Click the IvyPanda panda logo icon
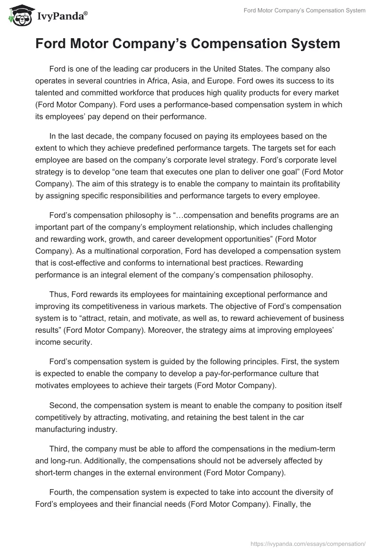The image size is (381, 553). point(18,16)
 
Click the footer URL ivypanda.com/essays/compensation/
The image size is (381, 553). point(308,543)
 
